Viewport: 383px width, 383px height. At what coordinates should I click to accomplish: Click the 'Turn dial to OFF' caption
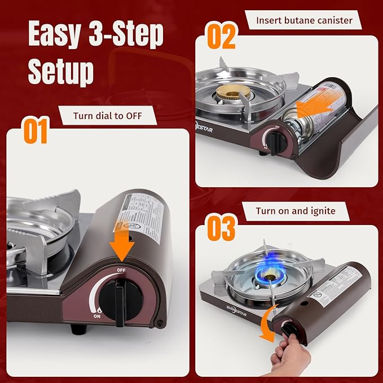pyautogui.click(x=107, y=117)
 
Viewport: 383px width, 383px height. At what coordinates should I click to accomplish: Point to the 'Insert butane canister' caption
pyautogui.click(x=304, y=20)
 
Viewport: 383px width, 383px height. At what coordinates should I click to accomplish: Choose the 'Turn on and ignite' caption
pyautogui.click(x=296, y=211)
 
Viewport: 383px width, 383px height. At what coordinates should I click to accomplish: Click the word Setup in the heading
pyautogui.click(x=61, y=71)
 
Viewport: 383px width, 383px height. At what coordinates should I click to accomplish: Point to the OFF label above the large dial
pyautogui.click(x=121, y=270)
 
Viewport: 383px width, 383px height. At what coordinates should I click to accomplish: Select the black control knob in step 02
pyautogui.click(x=273, y=141)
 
